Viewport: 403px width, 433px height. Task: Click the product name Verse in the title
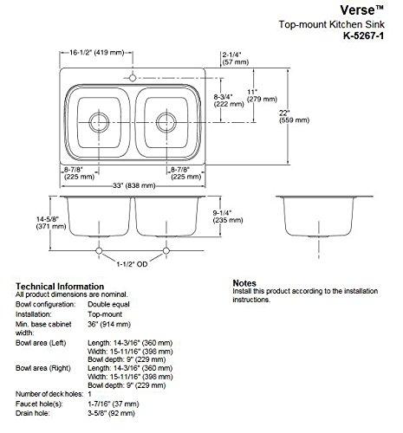(329, 10)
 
